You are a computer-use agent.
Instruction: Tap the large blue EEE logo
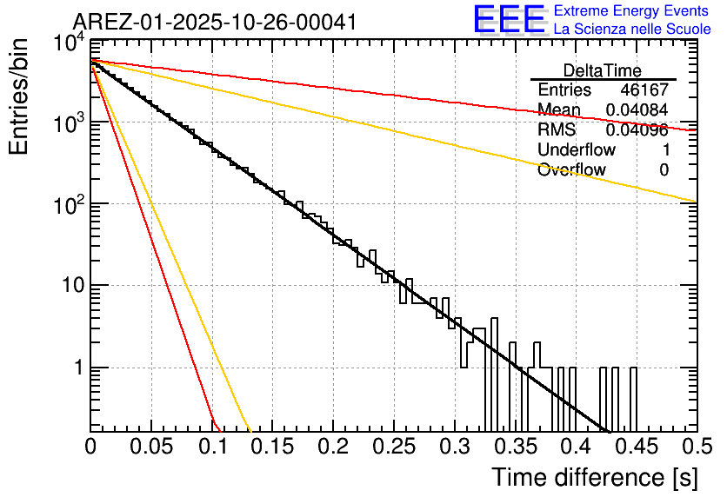pos(509,20)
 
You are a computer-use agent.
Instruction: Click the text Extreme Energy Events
pos(632,11)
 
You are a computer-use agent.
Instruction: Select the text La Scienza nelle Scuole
pos(632,29)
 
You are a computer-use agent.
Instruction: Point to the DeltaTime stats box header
pos(603,70)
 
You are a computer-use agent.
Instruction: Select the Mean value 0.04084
pos(637,110)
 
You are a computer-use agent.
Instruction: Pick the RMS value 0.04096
pos(637,130)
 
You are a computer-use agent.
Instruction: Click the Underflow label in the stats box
pos(577,149)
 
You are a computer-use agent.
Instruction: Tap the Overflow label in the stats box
pos(571,169)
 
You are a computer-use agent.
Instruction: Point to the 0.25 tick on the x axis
pos(393,447)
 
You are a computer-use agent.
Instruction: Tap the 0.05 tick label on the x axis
pos(151,447)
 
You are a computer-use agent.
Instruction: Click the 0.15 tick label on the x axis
pos(272,447)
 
